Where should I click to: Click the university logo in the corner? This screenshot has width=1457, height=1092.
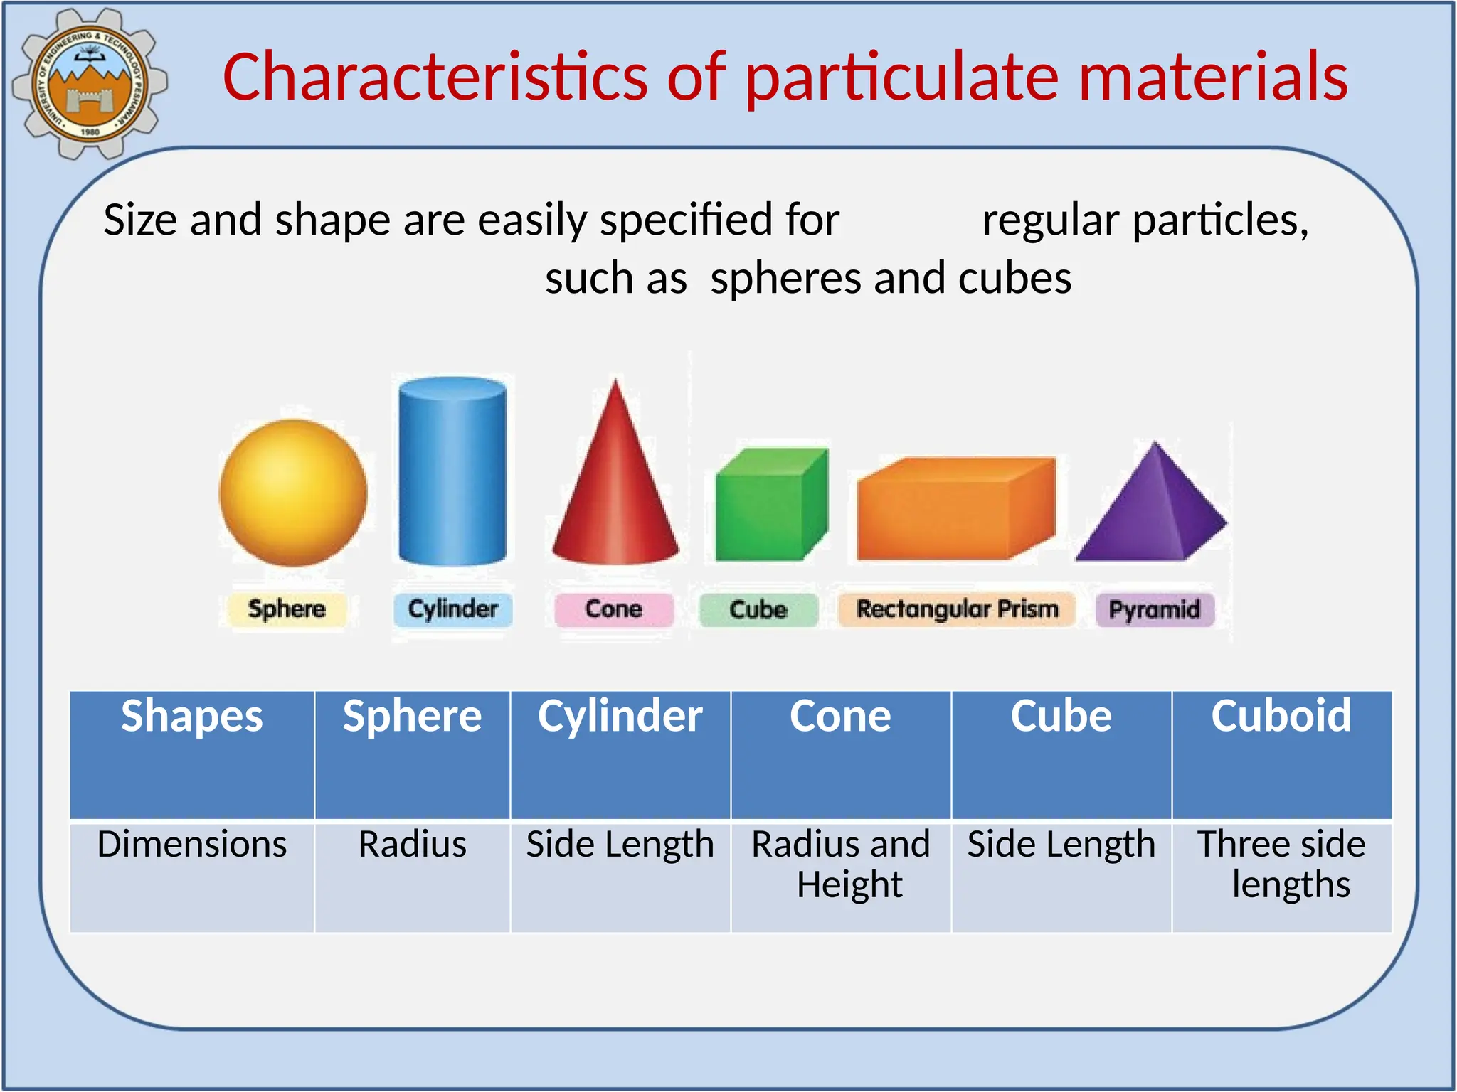tap(89, 83)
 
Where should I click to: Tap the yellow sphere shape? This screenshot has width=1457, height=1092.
tap(293, 493)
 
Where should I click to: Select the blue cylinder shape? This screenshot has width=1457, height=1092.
tap(452, 471)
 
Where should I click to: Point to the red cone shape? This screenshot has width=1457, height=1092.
tap(616, 491)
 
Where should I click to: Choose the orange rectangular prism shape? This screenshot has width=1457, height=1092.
tap(955, 510)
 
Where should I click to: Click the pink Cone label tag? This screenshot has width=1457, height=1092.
tap(614, 609)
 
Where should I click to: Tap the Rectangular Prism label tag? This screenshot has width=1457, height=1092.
tap(957, 609)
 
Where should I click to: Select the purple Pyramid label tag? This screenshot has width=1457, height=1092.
tap(1155, 610)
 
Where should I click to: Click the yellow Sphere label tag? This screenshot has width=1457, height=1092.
tap(287, 609)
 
